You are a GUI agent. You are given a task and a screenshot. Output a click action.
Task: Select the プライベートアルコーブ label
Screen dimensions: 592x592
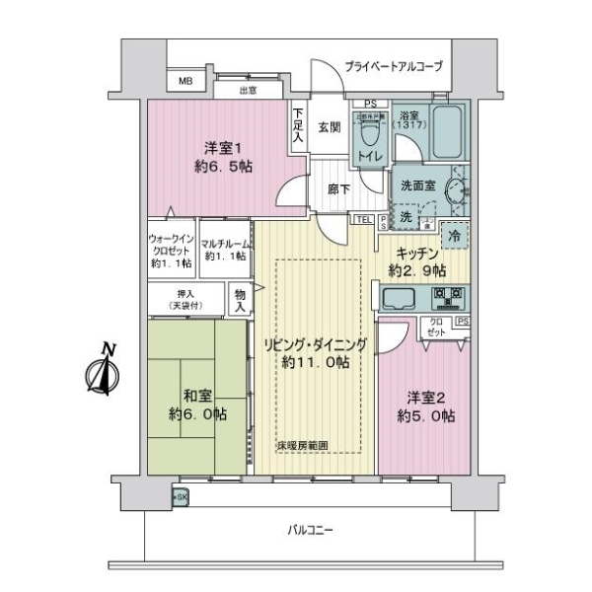[393, 67]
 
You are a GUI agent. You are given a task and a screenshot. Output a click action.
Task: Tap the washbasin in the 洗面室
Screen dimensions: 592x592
[457, 189]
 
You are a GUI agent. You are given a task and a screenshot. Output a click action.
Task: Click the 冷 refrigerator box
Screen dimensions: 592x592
[454, 237]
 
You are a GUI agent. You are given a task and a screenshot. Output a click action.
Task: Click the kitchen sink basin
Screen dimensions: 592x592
[403, 297]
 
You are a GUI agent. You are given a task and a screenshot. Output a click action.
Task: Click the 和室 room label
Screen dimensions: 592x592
[196, 404]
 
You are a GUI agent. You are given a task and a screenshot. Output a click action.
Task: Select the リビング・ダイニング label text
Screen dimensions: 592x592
[314, 344]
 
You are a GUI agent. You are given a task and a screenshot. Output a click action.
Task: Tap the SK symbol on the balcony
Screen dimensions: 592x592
[181, 496]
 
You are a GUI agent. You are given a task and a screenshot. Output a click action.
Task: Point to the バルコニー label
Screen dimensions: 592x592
[311, 530]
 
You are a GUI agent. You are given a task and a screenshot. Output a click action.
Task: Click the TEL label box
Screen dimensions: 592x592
[362, 220]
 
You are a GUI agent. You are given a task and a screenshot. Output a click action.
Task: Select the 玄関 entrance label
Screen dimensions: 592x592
[330, 125]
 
